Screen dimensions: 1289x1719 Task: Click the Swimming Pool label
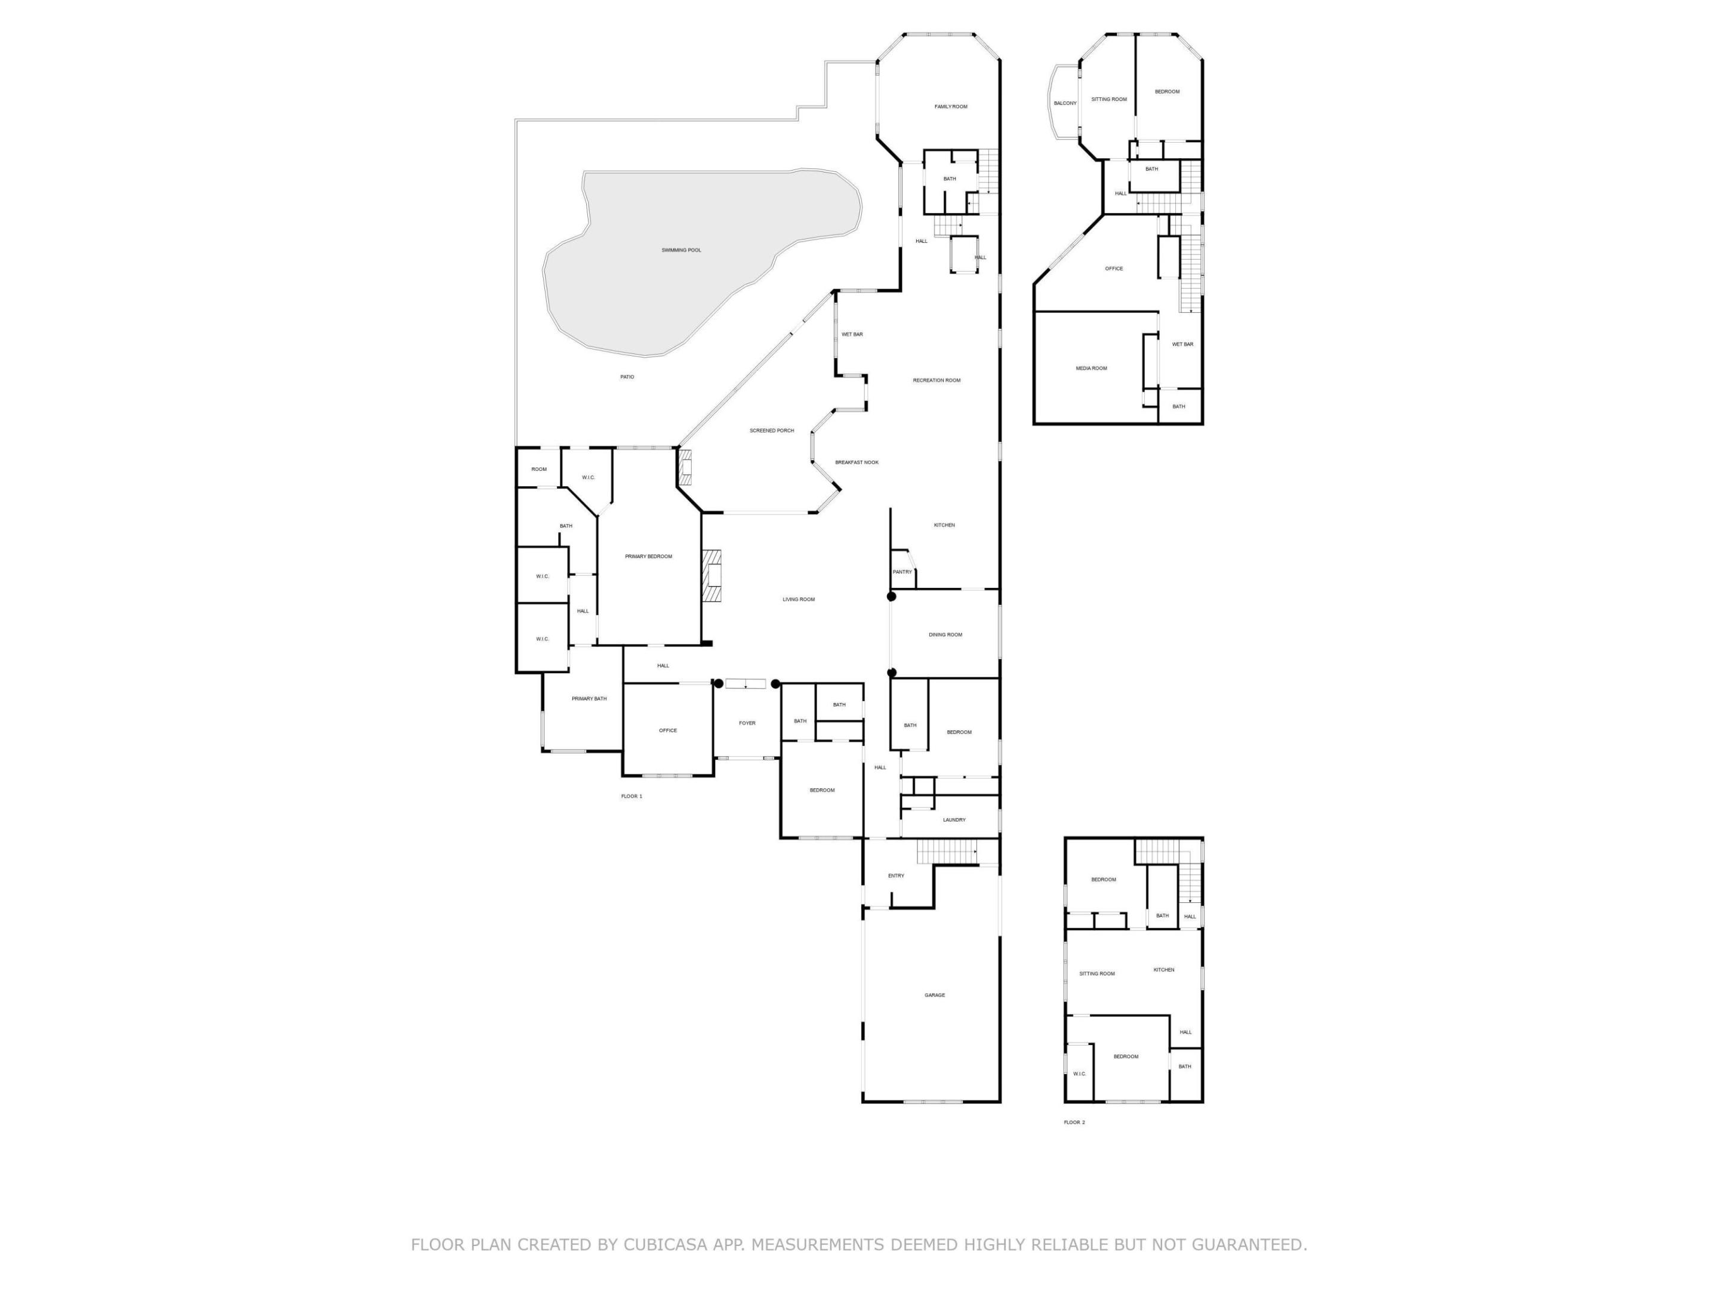click(681, 250)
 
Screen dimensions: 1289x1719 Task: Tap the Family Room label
click(950, 106)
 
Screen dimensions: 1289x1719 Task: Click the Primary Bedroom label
click(648, 556)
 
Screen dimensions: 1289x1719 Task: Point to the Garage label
click(934, 995)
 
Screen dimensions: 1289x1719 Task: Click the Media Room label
click(1091, 368)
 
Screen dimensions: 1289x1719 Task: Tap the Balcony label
click(1065, 103)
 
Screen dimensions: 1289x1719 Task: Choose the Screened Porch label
click(772, 430)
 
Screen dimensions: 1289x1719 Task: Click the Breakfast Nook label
click(857, 462)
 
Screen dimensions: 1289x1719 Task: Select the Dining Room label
click(945, 635)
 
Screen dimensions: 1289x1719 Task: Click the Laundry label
click(954, 820)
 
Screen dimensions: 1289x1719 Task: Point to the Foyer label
click(747, 723)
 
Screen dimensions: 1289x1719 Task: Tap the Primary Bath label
click(589, 698)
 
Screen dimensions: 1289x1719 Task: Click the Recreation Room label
click(936, 380)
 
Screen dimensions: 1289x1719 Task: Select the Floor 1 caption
click(631, 797)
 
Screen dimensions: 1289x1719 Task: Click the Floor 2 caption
click(1074, 1122)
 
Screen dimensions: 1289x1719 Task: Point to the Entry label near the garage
click(896, 875)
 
